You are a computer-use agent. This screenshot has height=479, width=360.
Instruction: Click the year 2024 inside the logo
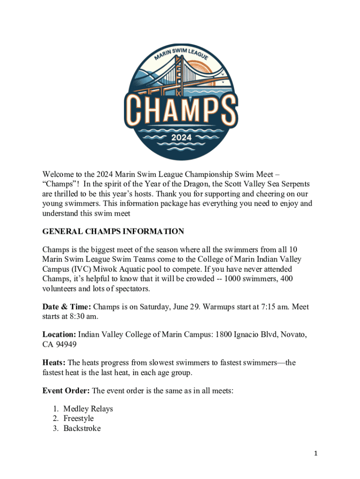pyautogui.click(x=180, y=138)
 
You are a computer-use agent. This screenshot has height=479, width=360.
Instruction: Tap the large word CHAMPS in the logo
pyautogui.click(x=180, y=109)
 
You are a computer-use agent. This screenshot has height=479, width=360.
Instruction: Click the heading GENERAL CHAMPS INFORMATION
pyautogui.click(x=113, y=231)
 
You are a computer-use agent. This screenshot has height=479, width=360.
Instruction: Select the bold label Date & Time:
pyautogui.click(x=67, y=307)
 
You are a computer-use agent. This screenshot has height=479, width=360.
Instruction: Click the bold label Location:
pyautogui.click(x=59, y=334)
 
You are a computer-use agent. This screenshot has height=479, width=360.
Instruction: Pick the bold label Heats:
pyautogui.click(x=54, y=363)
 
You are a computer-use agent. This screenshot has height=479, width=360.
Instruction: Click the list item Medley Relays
pyautogui.click(x=88, y=409)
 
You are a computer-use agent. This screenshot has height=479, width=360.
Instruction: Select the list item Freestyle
pyautogui.click(x=79, y=418)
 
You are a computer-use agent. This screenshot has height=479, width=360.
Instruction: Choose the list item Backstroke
pyautogui.click(x=82, y=428)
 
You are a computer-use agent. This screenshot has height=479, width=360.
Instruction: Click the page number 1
pyautogui.click(x=316, y=453)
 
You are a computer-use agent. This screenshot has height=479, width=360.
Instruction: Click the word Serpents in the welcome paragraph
pyautogui.click(x=295, y=184)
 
